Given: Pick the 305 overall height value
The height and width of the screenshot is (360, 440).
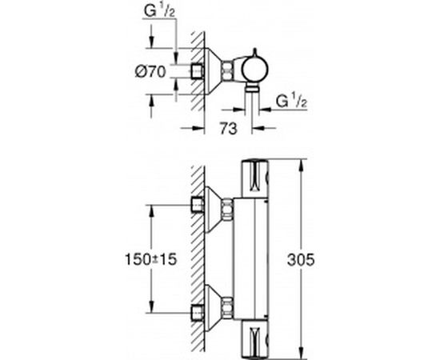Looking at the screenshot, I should [x=318, y=260].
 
